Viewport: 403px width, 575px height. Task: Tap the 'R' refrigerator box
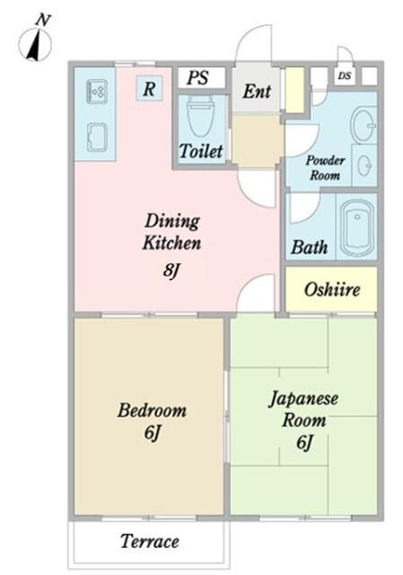149,88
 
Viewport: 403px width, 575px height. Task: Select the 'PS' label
197,77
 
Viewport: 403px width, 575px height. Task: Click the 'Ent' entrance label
257,92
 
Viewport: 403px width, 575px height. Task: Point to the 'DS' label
345,76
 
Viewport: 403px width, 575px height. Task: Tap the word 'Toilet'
201,151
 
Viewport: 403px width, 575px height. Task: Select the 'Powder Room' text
325,167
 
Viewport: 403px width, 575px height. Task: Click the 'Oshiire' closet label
331,289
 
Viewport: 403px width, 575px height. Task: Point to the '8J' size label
172,270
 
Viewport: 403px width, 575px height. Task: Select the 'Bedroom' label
152,411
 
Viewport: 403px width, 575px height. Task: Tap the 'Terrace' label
149,542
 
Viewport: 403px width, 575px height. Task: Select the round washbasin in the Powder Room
364,123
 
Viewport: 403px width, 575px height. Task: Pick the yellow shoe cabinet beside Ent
294,89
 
